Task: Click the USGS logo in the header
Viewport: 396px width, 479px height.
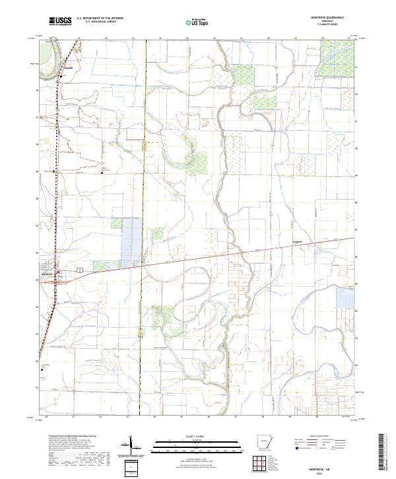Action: pyautogui.click(x=60, y=22)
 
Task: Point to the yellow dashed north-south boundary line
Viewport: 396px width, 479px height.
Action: pyautogui.click(x=143, y=198)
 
